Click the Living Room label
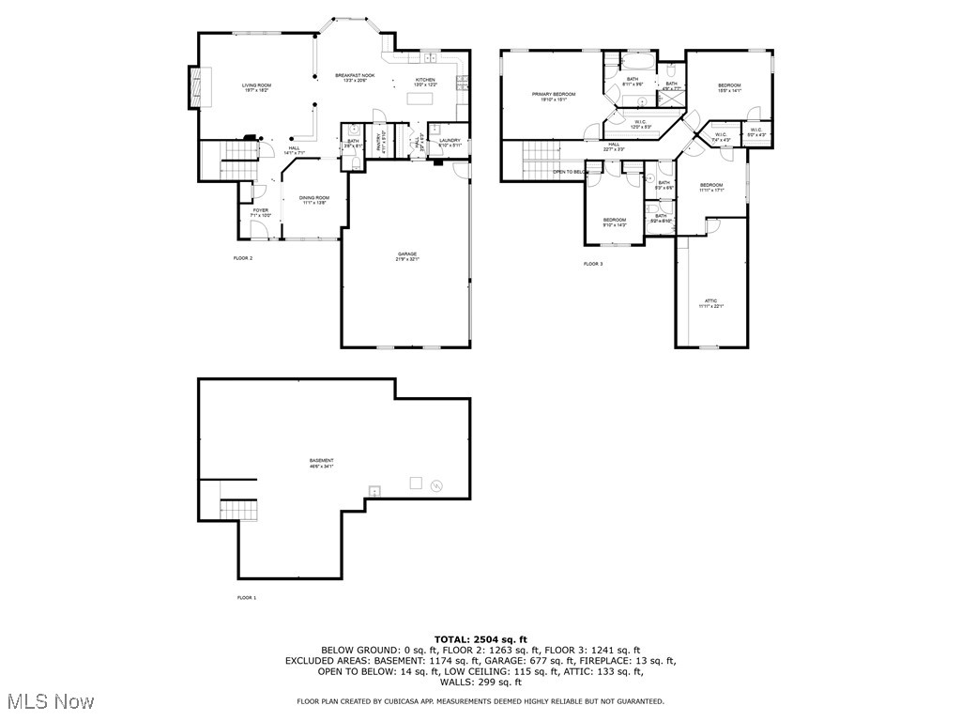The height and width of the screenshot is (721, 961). pyautogui.click(x=256, y=87)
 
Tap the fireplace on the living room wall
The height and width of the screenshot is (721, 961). pyautogui.click(x=195, y=86)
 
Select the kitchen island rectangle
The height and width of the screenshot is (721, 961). pyautogui.click(x=422, y=98)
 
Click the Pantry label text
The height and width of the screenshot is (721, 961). pyautogui.click(x=381, y=143)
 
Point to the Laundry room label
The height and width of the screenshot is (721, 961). pyautogui.click(x=450, y=143)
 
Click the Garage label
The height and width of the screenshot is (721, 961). pyautogui.click(x=406, y=255)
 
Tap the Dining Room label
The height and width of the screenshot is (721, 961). pyautogui.click(x=314, y=199)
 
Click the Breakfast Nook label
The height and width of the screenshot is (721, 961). pyautogui.click(x=356, y=77)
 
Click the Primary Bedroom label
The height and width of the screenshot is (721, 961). pyautogui.click(x=554, y=96)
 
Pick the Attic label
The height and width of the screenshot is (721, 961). pyautogui.click(x=711, y=303)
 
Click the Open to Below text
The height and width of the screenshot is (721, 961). pyautogui.click(x=570, y=172)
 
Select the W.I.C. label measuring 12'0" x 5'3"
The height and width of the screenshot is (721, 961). pyautogui.click(x=639, y=124)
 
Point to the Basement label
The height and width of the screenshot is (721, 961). pyautogui.click(x=322, y=462)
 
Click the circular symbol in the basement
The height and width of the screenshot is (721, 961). pyautogui.click(x=435, y=486)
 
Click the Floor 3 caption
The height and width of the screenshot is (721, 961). pyautogui.click(x=593, y=264)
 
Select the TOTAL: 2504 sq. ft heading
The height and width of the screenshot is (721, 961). pyautogui.click(x=480, y=638)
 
